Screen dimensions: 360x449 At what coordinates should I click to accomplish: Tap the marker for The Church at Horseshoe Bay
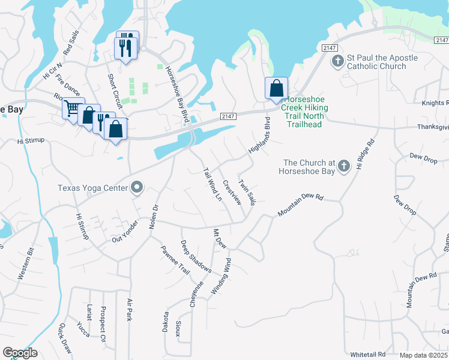pyautogui.click(x=344, y=165)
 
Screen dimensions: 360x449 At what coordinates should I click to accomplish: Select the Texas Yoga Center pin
pyautogui.click(x=137, y=188)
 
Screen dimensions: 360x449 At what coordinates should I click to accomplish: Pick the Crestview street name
pyautogui.click(x=232, y=193)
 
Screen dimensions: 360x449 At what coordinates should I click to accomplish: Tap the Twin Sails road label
pyautogui.click(x=247, y=192)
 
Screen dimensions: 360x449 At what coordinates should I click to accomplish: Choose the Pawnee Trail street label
pyautogui.click(x=175, y=260)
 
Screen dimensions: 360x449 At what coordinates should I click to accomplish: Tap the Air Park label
pyautogui.click(x=129, y=310)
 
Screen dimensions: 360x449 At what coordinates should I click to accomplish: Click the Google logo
pyautogui.click(x=20, y=353)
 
